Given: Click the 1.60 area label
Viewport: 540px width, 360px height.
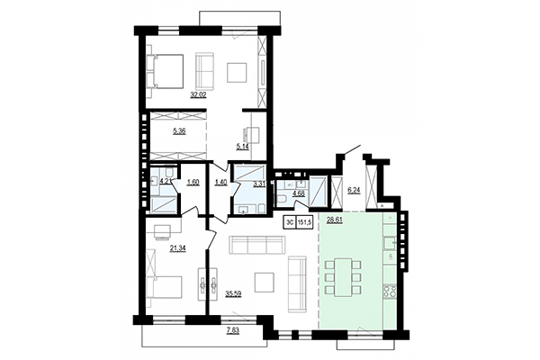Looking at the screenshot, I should (193, 183).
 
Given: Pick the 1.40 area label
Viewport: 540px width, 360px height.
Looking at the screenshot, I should (221, 183).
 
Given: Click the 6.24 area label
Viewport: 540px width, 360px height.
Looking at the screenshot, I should (353, 190).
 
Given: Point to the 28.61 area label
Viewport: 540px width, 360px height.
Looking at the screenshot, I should (335, 219).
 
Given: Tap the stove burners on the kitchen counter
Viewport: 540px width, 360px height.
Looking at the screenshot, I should (391, 292).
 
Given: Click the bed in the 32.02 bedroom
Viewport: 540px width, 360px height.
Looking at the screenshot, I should (165, 68).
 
